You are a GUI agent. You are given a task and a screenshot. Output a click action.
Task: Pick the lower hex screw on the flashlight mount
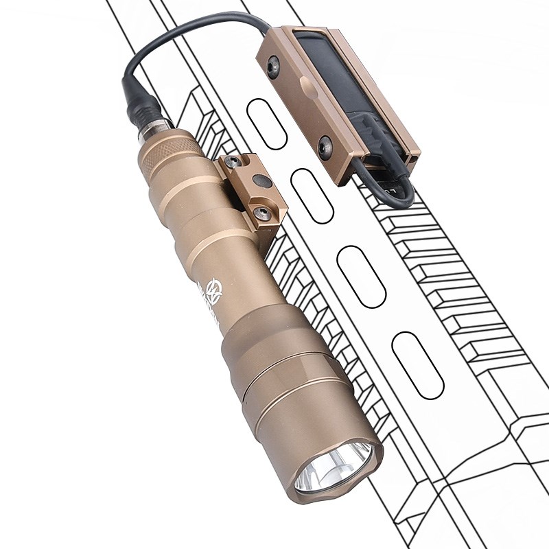coord(261,213)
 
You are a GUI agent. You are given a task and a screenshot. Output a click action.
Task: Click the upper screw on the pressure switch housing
coord(274,67)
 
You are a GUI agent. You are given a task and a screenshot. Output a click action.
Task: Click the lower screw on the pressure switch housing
coord(325,146)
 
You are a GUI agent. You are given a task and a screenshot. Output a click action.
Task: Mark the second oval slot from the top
coord(312,196)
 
